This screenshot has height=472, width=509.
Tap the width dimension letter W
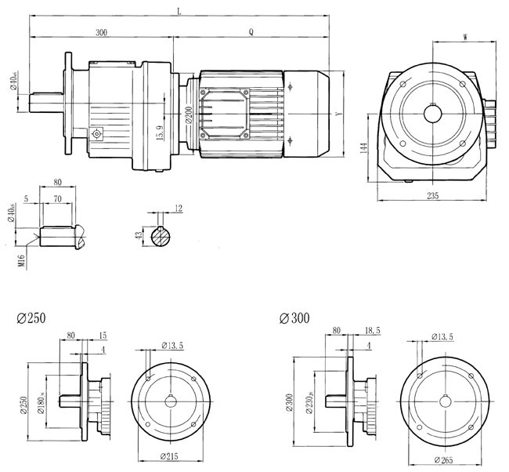pyautogui.click(x=466, y=36)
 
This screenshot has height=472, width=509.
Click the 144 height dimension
pyautogui.click(x=365, y=149)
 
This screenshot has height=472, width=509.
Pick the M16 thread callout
pyautogui.click(x=23, y=259)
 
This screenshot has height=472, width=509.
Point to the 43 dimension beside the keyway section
pyautogui.click(x=139, y=235)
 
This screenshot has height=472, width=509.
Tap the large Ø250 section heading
pyautogui.click(x=31, y=319)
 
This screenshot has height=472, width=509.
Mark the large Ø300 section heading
pyautogui.click(x=294, y=319)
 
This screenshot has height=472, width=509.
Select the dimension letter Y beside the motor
pyautogui.click(x=338, y=114)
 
